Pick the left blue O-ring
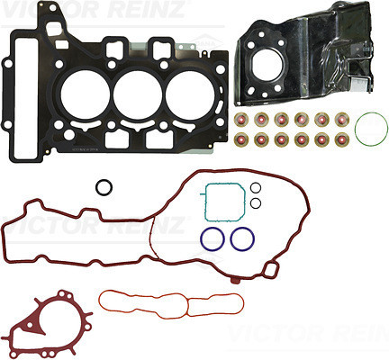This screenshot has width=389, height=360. click(x=201, y=238)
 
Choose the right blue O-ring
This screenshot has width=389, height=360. click(x=231, y=238)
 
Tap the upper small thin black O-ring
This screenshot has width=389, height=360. click(x=256, y=183)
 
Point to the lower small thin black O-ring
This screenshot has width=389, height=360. click(x=256, y=198)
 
